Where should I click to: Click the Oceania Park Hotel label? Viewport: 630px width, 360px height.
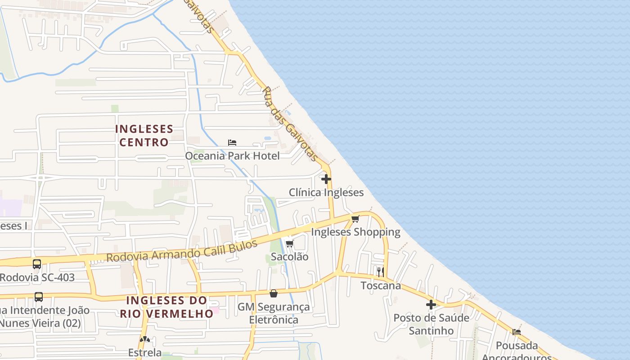pos(232,156)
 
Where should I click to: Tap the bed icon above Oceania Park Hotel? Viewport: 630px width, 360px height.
pos(232,143)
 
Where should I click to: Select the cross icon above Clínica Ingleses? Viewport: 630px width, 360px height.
pos(326,179)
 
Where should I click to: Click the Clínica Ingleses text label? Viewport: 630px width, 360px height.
pos(326,193)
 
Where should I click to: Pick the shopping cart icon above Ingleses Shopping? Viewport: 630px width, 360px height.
pos(355,219)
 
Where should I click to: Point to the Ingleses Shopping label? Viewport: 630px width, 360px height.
pos(355,232)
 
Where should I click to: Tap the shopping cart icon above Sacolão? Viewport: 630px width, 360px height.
pos(290,244)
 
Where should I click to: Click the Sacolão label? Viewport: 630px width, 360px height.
pos(290,257)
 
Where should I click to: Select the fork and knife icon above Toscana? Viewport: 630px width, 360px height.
pos(380,272)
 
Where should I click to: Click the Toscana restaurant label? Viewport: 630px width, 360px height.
pos(381,286)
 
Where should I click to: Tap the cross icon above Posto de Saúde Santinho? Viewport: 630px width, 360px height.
pos(431,305)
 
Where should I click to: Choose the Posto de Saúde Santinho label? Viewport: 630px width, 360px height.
pos(431,324)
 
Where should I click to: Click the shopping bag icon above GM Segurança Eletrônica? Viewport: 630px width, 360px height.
pos(274,294)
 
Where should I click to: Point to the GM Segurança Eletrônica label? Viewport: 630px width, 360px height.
pos(274,313)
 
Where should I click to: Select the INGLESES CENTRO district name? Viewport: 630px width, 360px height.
pos(144,135)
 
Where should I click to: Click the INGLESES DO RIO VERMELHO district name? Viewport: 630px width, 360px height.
pos(166,307)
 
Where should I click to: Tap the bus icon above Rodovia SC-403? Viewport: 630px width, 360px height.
pos(37,264)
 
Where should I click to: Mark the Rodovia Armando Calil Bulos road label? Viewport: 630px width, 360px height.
pos(182,251)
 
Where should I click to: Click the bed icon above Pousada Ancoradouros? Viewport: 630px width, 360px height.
pos(517,332)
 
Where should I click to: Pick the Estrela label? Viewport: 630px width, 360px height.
pos(145,352)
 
